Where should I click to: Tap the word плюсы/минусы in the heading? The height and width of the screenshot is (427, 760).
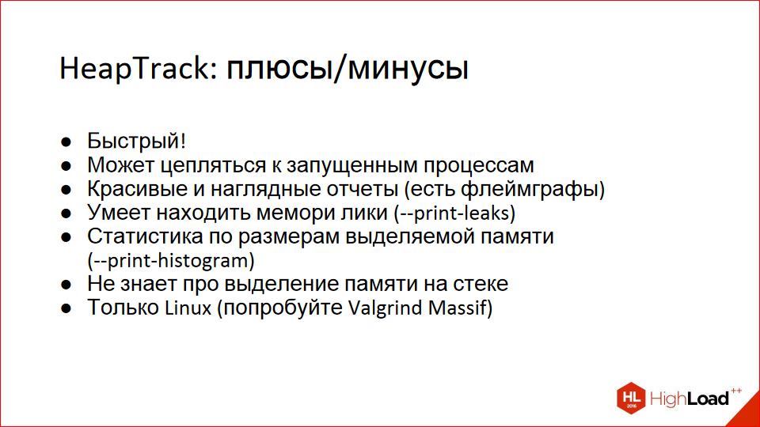tap(347, 70)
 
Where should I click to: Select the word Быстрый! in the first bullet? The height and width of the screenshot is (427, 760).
tap(136, 142)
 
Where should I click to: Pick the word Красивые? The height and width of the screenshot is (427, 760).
tap(135, 190)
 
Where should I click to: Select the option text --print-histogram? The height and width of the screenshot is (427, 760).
tap(174, 261)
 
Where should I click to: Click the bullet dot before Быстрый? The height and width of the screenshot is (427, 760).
tap(69, 143)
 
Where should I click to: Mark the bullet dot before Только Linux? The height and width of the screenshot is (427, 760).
tap(69, 308)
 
